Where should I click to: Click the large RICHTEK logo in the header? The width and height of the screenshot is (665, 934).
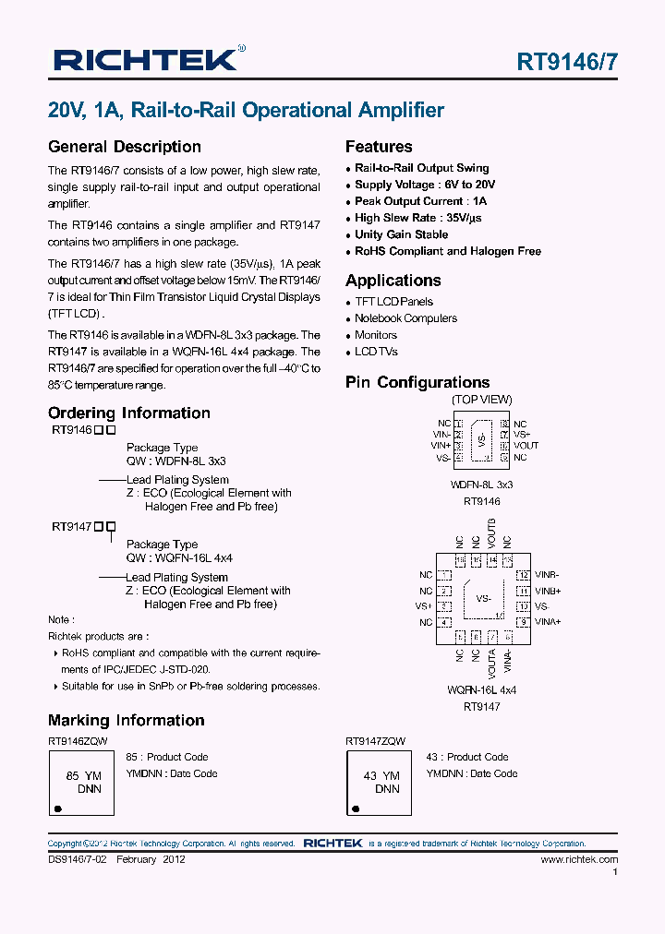click(149, 61)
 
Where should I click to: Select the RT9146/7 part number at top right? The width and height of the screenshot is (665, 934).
click(567, 63)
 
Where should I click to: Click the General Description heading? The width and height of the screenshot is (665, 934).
click(125, 147)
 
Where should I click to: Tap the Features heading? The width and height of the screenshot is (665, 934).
click(379, 147)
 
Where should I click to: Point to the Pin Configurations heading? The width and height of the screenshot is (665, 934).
click(417, 382)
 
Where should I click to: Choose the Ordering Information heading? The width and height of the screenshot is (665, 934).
click(129, 413)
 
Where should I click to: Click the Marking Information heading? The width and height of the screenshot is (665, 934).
click(127, 721)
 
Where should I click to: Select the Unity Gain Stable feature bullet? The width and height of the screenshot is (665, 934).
click(401, 234)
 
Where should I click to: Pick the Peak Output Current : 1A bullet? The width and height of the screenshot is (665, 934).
click(420, 201)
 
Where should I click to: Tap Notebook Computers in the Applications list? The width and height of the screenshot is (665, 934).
click(405, 318)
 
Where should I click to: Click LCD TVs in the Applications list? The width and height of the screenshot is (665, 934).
click(376, 352)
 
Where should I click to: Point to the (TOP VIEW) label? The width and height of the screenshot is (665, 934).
click(481, 400)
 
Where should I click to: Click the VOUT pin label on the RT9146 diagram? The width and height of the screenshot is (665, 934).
click(526, 446)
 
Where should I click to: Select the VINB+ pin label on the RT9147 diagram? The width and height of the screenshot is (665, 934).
click(549, 591)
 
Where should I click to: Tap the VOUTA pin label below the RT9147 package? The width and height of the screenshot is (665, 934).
click(491, 659)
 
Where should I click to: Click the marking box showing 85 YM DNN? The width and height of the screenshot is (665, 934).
click(82, 784)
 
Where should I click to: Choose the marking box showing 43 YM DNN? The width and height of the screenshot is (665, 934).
click(380, 784)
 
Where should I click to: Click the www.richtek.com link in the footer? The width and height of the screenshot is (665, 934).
click(579, 859)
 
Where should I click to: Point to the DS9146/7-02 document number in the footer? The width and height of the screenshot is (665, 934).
click(77, 859)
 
